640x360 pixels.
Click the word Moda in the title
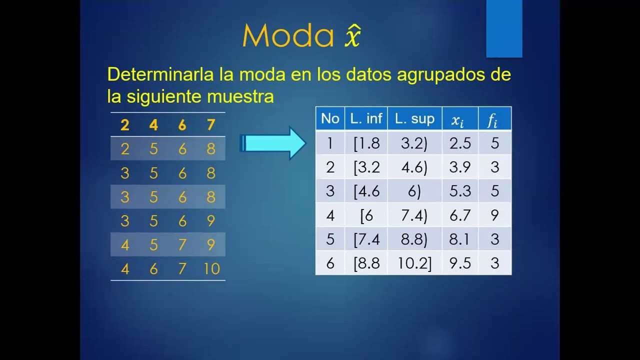[288, 36]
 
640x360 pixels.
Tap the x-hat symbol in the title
[352, 36]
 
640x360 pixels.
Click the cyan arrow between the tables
[273, 143]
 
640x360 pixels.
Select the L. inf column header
[366, 118]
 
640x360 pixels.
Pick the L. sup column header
[414, 118]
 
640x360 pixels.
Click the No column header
[330, 118]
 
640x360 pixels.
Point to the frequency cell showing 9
[494, 215]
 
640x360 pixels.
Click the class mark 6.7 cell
[460, 215]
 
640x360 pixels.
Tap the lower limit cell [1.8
[366, 143]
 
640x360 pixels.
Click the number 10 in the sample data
[211, 269]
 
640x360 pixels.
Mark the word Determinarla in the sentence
[160, 74]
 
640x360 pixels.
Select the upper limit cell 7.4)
[414, 215]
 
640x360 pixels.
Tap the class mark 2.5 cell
[460, 143]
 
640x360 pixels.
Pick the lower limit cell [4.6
[366, 191]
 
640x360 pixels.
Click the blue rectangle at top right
[504, 28]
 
